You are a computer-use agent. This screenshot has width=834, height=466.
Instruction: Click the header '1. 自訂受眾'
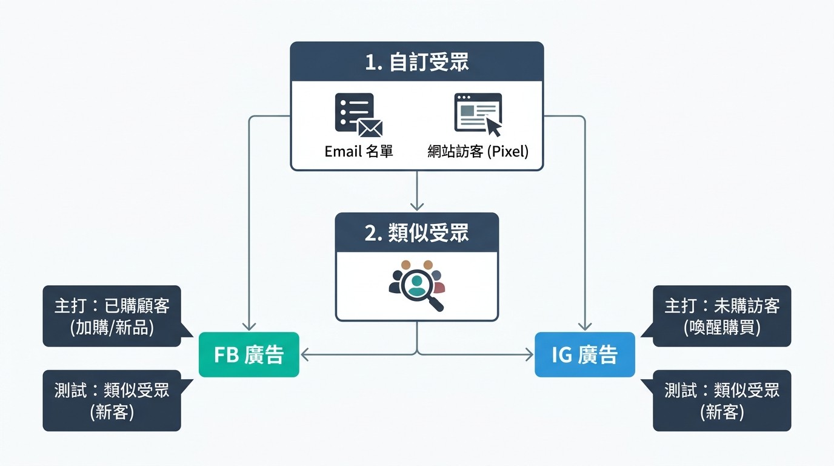416,62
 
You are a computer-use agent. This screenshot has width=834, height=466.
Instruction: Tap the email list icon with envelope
358,115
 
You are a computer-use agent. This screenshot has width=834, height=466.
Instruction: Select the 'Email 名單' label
359,151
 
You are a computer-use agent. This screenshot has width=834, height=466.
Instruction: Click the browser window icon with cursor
478,115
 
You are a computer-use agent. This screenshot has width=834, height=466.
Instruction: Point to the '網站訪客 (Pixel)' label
478,151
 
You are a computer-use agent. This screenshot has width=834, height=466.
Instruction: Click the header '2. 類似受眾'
416,233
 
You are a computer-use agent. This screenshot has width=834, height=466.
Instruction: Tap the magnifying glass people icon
416,285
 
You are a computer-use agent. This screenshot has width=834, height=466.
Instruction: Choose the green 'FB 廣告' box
249,354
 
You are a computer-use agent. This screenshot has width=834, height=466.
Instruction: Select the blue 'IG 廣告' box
584,354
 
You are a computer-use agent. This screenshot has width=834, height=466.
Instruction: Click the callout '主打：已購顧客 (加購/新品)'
112,316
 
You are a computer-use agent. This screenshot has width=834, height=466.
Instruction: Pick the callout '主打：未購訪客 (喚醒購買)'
721,316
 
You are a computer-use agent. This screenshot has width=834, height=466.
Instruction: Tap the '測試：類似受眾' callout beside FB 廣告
112,400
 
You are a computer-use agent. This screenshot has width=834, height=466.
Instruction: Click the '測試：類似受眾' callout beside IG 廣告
721,400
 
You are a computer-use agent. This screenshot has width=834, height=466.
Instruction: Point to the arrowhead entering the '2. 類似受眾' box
416,207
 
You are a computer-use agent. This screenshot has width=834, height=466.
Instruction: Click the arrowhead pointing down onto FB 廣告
249,327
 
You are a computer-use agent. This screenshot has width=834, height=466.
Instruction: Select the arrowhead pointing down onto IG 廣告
585,327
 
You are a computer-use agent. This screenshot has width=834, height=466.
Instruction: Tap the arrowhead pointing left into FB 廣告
305,354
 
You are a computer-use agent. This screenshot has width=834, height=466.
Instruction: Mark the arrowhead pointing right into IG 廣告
529,354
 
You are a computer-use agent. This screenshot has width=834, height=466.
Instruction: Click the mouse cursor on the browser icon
493,126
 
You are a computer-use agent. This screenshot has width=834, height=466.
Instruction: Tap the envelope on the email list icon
370,127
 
